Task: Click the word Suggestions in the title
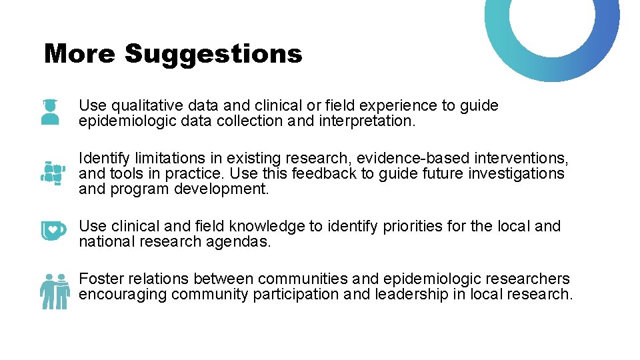tap(213, 54)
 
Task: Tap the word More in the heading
tap(79, 54)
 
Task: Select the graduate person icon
tap(51, 111)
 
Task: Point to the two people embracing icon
tap(53, 291)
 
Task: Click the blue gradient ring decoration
tap(553, 40)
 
